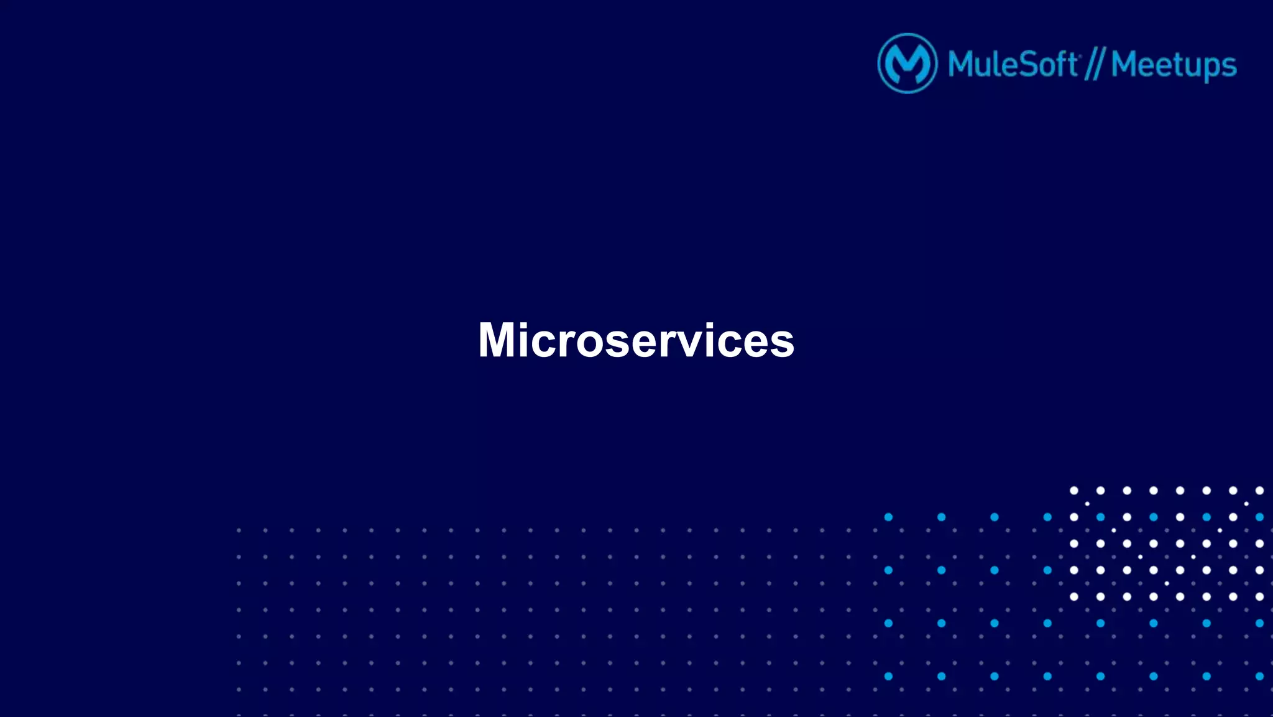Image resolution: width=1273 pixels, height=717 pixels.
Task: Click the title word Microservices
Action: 636,340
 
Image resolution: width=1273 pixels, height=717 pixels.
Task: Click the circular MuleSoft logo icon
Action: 907,63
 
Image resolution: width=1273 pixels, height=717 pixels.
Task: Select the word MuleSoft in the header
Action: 1013,64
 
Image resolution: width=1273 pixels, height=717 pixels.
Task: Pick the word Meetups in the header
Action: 1174,65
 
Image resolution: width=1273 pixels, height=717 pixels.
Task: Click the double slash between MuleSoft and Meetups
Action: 1094,65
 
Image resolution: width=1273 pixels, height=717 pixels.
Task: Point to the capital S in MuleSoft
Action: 1030,64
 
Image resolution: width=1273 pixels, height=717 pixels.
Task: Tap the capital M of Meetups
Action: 1126,64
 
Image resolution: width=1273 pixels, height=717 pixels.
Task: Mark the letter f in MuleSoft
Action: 1061,63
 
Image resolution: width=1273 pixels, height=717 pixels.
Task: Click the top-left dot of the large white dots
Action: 1073,491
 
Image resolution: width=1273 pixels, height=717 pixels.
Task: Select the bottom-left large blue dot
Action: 888,676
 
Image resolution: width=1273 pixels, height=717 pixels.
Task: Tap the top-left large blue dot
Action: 888,517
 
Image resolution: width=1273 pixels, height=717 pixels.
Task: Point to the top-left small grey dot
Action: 239,530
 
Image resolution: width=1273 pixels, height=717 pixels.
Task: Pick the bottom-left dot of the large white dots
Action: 1073,596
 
